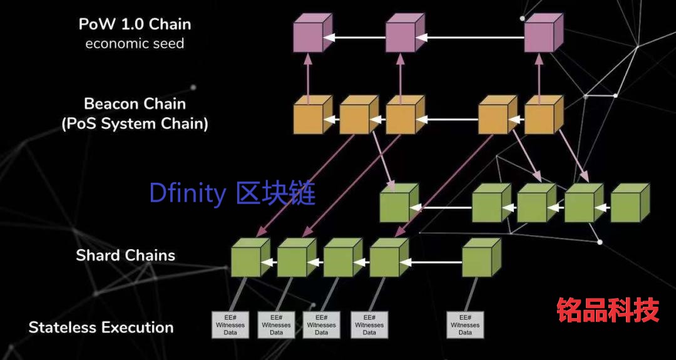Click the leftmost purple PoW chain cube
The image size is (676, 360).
[312, 33]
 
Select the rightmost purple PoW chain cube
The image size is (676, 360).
[544, 33]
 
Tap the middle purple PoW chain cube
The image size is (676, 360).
[405, 33]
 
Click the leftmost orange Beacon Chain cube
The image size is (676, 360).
[312, 115]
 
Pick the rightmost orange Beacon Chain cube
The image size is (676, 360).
[544, 115]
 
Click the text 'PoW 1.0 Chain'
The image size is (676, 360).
[135, 24]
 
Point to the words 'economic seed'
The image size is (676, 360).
[135, 44]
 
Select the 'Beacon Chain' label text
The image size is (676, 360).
[135, 104]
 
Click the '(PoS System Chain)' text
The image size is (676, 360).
[135, 124]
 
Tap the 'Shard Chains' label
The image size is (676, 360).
[125, 255]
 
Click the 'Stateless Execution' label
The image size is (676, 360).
[101, 327]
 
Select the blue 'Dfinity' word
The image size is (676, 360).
[187, 193]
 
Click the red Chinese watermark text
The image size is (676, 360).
[608, 309]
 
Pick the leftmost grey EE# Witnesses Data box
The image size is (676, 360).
[230, 325]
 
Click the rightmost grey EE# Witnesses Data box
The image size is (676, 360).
[465, 325]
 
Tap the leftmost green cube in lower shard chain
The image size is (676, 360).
[250, 257]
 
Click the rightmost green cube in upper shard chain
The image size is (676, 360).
[630, 203]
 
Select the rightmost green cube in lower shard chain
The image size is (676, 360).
[481, 257]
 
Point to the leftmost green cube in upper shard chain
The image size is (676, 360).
[399, 203]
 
